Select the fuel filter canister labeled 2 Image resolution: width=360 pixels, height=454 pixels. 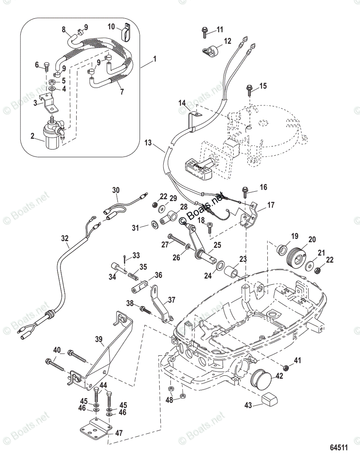coord(52,136)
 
